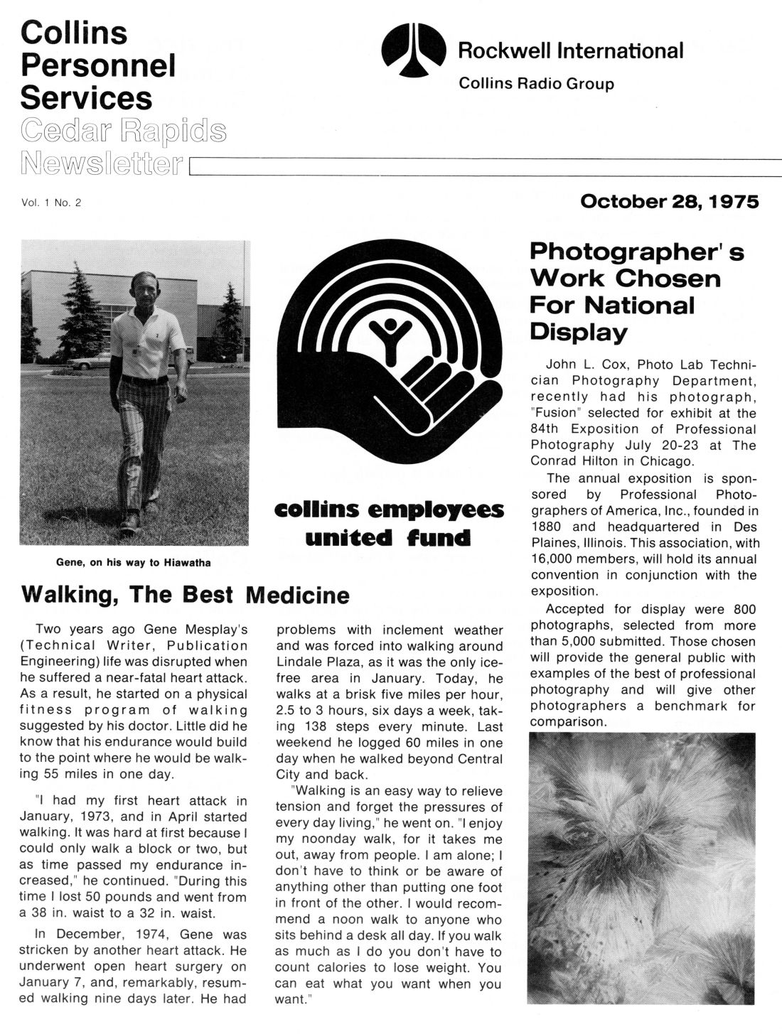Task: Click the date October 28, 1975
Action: click(670, 202)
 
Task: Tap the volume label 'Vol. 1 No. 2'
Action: click(51, 203)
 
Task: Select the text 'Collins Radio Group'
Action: click(536, 84)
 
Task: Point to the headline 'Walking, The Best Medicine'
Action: click(186, 594)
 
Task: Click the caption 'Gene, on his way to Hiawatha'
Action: click(134, 563)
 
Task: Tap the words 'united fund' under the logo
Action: click(387, 537)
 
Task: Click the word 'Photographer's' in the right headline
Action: click(637, 252)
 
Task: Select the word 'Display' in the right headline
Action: click(579, 332)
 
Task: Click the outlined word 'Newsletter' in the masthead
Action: click(102, 162)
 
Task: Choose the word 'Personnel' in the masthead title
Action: click(98, 65)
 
